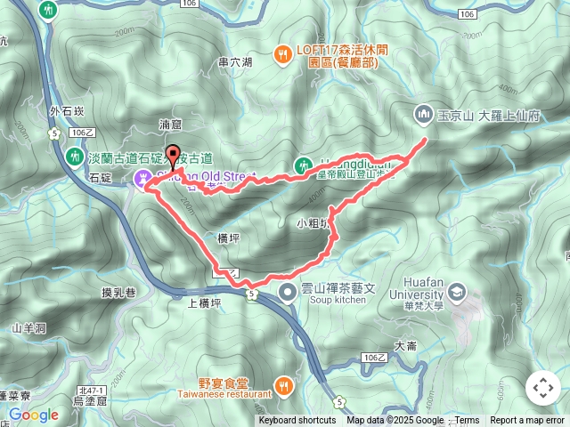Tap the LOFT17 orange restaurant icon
click(282, 54)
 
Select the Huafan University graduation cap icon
click(456, 291)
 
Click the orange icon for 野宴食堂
click(282, 384)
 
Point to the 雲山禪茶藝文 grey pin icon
click(287, 292)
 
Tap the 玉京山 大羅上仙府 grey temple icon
click(422, 113)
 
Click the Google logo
click(34, 415)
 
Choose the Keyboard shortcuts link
click(297, 421)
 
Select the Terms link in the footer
click(467, 421)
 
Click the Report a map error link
click(527, 421)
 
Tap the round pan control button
click(542, 388)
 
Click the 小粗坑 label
click(313, 223)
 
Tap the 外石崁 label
click(67, 110)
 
